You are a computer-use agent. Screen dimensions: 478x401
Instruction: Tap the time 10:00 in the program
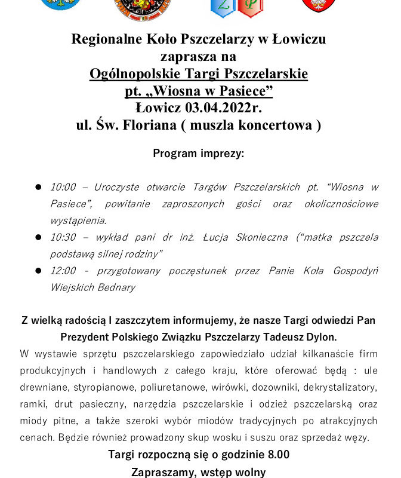coord(63,187)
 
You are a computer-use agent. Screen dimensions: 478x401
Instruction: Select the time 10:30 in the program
coord(63,237)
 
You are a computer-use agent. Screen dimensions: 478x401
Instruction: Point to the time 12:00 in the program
coord(63,271)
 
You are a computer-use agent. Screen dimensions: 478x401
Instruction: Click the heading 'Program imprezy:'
coord(198,153)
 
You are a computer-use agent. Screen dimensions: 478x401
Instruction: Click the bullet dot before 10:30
coord(38,237)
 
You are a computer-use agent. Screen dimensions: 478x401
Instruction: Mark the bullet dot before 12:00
coord(38,271)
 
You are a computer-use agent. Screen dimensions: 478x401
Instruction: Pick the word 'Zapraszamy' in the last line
coord(161,472)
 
